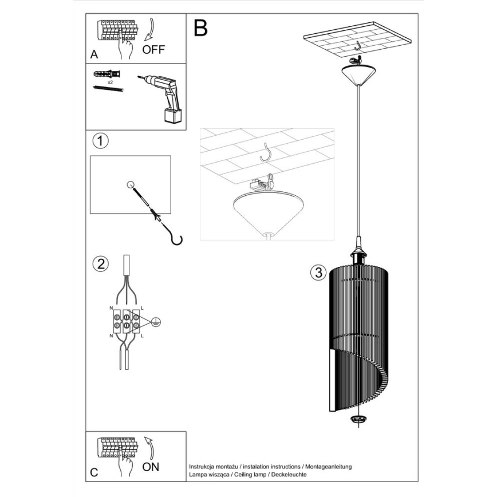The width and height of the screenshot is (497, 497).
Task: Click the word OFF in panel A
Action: pos(153,49)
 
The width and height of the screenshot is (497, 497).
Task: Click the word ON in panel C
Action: pos(151,466)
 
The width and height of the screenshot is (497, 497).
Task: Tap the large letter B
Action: pos(200,27)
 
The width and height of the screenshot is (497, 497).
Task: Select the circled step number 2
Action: pos(100,264)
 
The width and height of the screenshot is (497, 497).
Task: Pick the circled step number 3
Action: pos(318,273)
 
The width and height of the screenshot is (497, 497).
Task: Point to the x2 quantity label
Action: pos(109,82)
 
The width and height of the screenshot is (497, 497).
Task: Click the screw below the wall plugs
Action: pos(108,89)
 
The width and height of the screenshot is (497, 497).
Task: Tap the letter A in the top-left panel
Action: pos(94,55)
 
